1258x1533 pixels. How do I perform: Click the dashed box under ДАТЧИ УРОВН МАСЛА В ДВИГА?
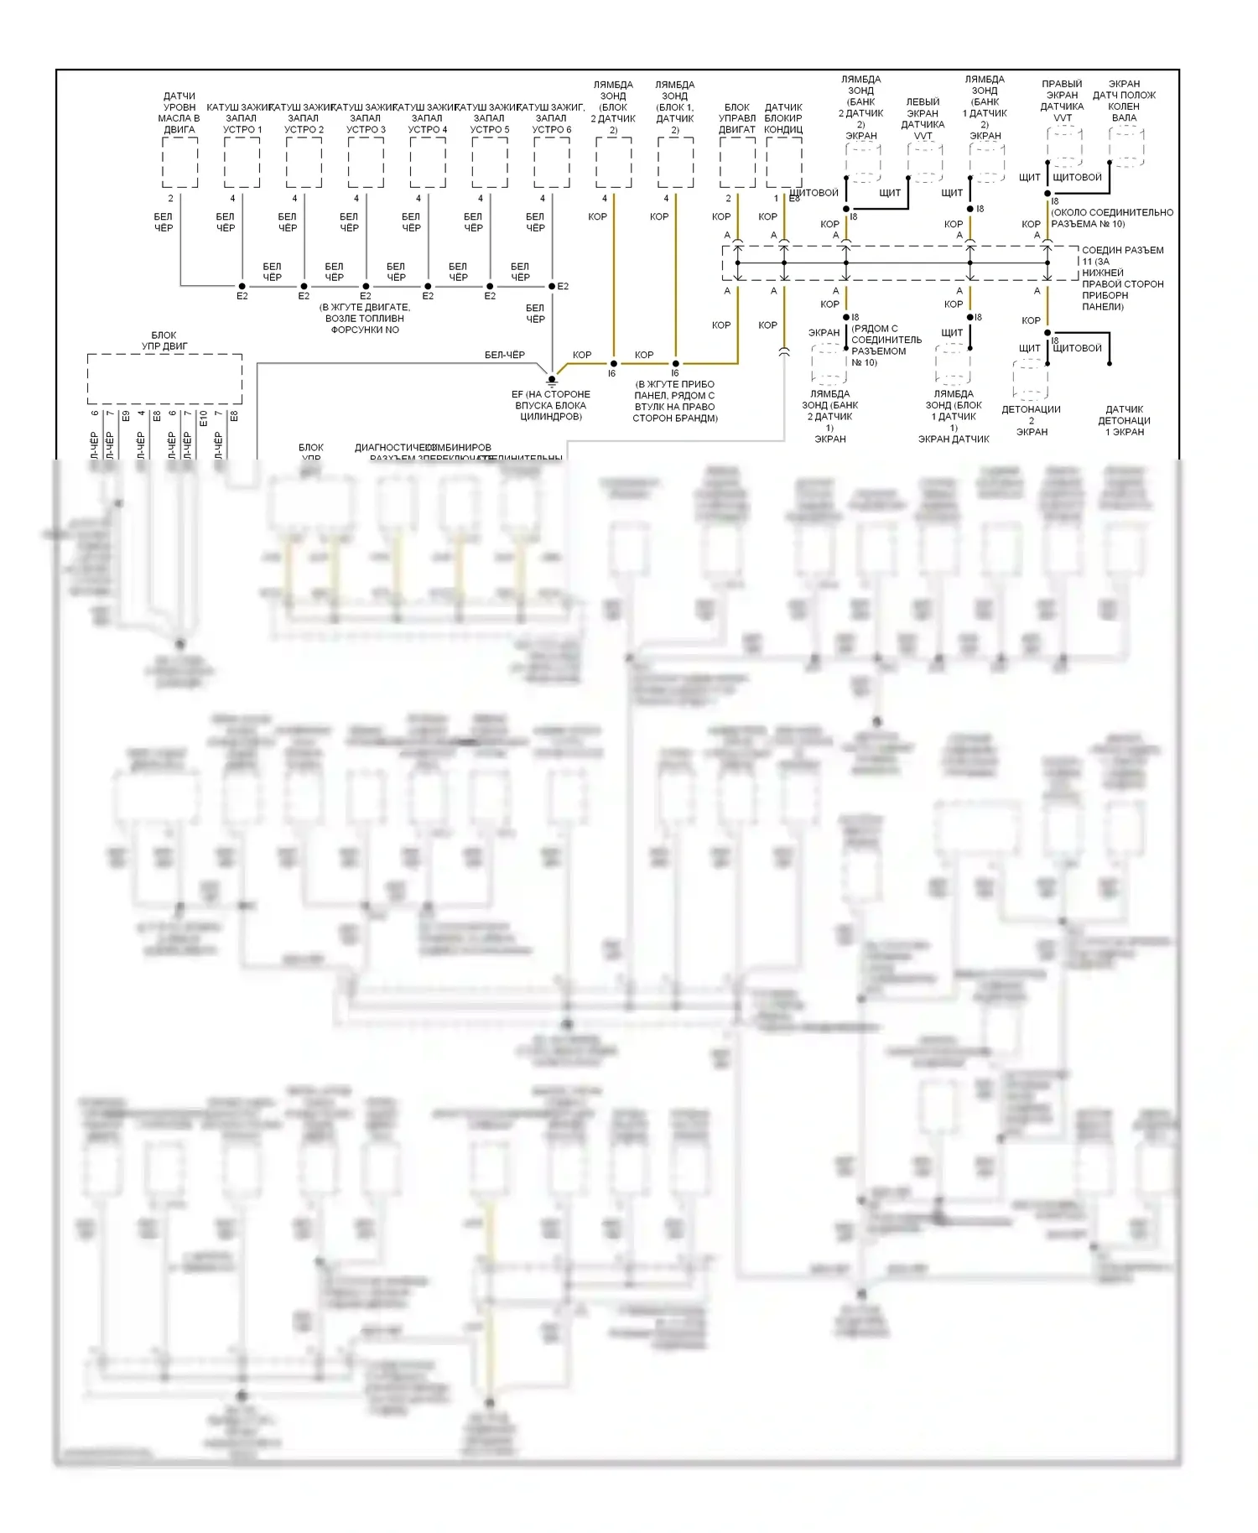pos(179,163)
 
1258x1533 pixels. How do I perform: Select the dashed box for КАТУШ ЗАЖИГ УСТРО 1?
pos(242,163)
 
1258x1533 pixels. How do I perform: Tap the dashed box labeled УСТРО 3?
pos(366,163)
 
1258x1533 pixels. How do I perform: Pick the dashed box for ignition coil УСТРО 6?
pos(552,163)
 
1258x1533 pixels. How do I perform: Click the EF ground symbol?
pos(552,380)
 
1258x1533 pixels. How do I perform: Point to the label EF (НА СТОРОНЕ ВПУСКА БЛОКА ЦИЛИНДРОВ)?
pos(551,405)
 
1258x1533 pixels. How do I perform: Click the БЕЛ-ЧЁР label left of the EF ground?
pos(505,355)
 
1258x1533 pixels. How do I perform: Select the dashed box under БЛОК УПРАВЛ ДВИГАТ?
pos(737,163)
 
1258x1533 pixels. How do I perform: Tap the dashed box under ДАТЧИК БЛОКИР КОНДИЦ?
pos(784,163)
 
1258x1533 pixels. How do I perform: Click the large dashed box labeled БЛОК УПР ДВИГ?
pos(164,379)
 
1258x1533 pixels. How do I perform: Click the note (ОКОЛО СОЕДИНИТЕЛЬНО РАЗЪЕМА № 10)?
pos(1112,218)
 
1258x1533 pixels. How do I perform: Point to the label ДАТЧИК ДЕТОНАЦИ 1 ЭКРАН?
pos(1124,421)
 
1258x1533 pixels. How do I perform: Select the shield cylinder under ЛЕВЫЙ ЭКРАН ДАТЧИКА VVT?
pos(925,162)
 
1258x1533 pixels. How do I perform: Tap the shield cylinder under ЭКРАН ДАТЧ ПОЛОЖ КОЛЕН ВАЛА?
pos(1126,148)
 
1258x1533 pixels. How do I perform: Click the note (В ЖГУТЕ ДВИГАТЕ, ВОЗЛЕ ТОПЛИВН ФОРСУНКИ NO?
pos(365,319)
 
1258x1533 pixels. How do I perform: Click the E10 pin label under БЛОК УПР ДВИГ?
pos(204,416)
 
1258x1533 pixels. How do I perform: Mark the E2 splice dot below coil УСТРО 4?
pos(428,286)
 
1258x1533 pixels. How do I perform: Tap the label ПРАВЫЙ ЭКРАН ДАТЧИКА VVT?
pos(1062,101)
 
